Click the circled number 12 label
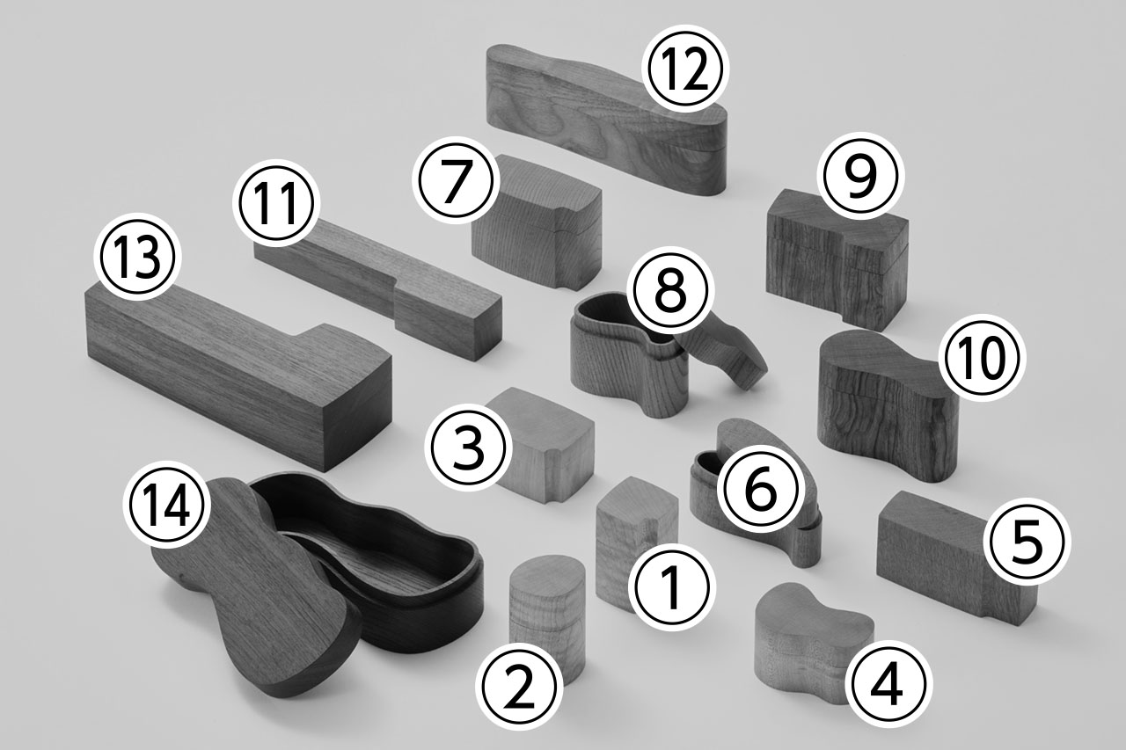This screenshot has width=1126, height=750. tap(686, 69)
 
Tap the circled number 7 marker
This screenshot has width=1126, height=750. tap(453, 180)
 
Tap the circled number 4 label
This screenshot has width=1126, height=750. tap(888, 684)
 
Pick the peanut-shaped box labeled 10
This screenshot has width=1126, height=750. tap(888, 407)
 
